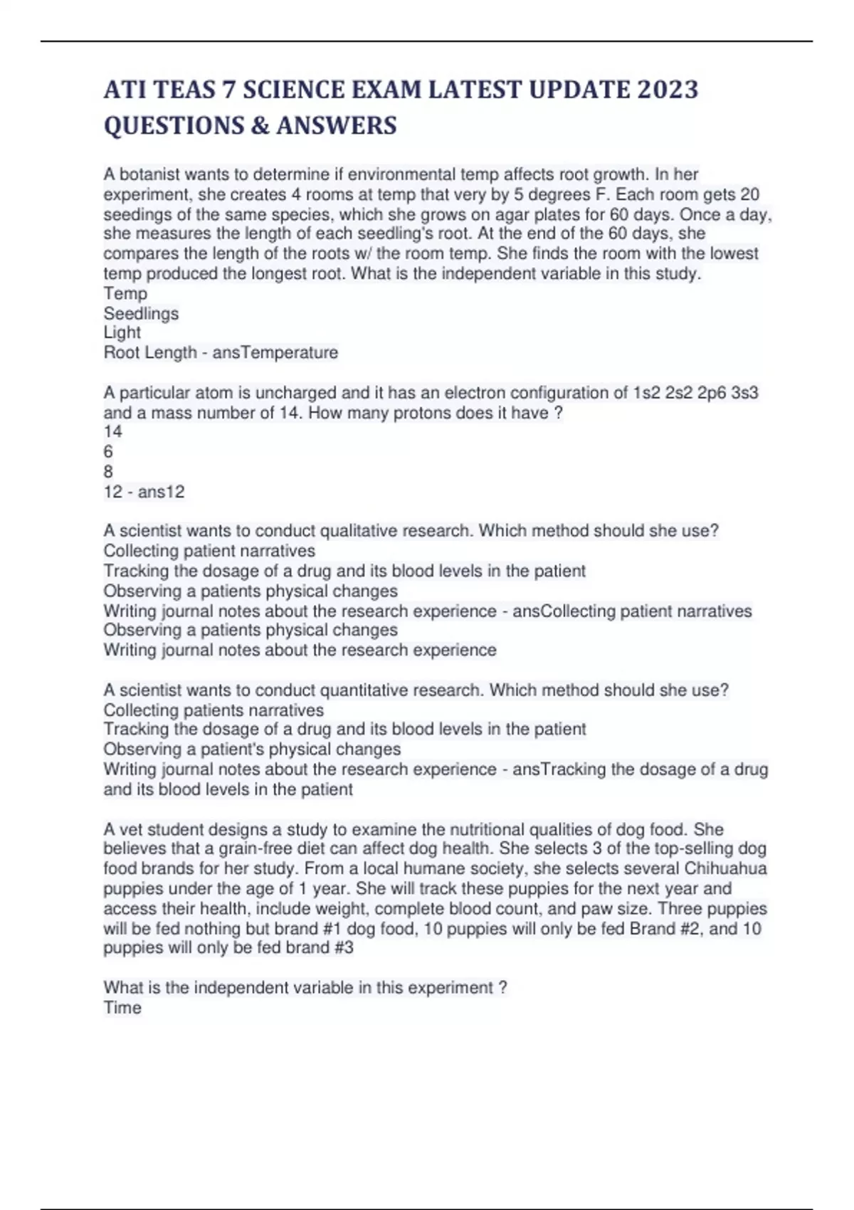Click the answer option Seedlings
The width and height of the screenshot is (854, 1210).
(x=141, y=313)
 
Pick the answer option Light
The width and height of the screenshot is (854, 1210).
(x=122, y=332)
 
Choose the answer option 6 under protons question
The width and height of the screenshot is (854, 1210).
(x=108, y=451)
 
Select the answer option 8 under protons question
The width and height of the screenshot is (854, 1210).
(x=108, y=471)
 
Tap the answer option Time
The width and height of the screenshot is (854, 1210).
(x=122, y=1008)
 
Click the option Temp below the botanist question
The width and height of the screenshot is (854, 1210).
(x=125, y=293)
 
